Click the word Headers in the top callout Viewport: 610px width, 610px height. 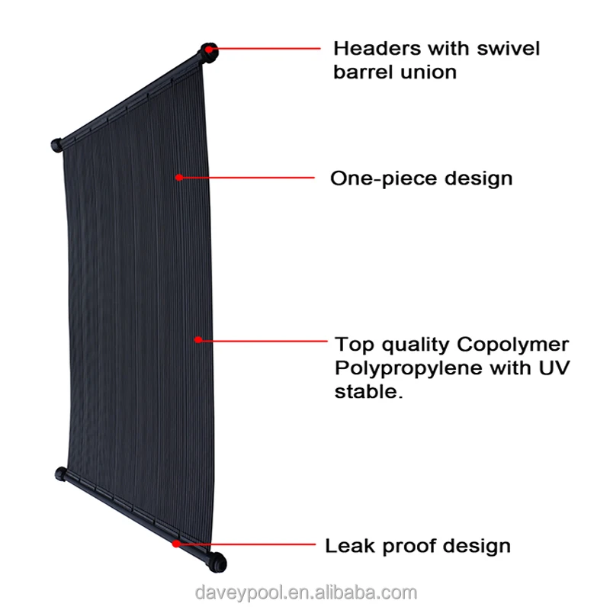(377, 49)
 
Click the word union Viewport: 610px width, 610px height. (431, 73)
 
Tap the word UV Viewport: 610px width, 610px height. (554, 368)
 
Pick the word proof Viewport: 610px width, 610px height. (406, 547)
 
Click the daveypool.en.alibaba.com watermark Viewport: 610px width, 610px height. (305, 592)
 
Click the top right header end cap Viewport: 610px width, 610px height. (209, 51)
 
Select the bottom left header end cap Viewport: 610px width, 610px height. (61, 474)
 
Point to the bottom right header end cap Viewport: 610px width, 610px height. (219, 562)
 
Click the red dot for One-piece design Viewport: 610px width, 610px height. (178, 178)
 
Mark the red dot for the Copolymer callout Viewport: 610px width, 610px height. (197, 339)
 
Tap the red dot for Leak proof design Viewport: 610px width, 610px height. (176, 544)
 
